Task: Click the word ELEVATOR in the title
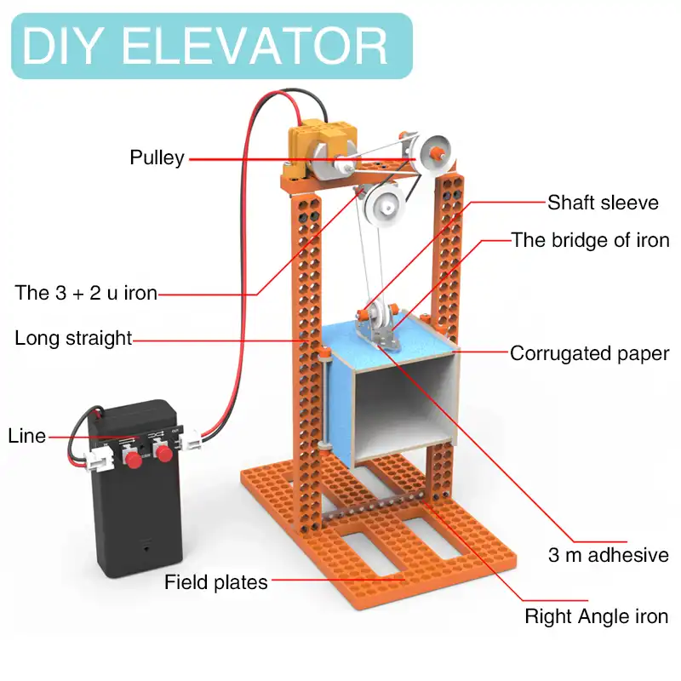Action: pyautogui.click(x=255, y=45)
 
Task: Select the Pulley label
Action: pyautogui.click(x=157, y=157)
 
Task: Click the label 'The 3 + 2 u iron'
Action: pyautogui.click(x=86, y=293)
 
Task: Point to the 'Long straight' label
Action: pyautogui.click(x=73, y=338)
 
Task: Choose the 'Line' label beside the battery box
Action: pyautogui.click(x=26, y=436)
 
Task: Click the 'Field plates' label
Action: pyautogui.click(x=216, y=582)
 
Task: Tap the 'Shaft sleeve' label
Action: pyautogui.click(x=603, y=203)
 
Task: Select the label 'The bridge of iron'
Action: pyautogui.click(x=590, y=240)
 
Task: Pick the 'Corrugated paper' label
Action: pyautogui.click(x=589, y=353)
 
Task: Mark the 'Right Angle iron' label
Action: pyautogui.click(x=596, y=616)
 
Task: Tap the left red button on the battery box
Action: pyautogui.click(x=134, y=460)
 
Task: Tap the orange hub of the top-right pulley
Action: pyautogui.click(x=438, y=152)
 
